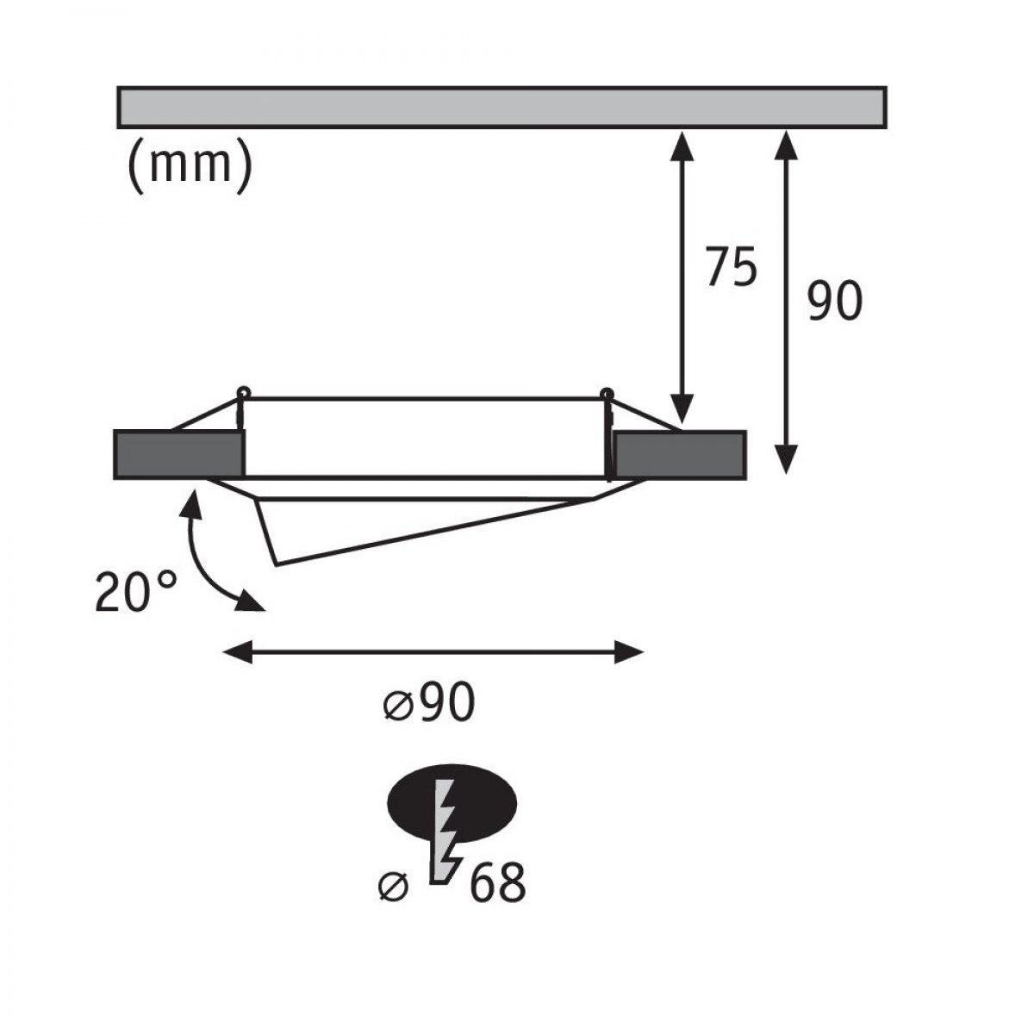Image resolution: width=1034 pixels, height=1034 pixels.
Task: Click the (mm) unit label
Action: pyautogui.click(x=190, y=167)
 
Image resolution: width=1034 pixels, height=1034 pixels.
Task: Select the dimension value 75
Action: pyautogui.click(x=732, y=266)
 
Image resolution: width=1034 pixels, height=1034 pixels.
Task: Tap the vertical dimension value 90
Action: pyautogui.click(x=835, y=301)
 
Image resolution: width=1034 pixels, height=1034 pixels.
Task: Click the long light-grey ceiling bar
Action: pyautogui.click(x=501, y=108)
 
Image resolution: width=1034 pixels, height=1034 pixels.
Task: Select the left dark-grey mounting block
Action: pyautogui.click(x=179, y=454)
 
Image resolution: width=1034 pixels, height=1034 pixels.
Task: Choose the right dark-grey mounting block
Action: pyautogui.click(x=680, y=454)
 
